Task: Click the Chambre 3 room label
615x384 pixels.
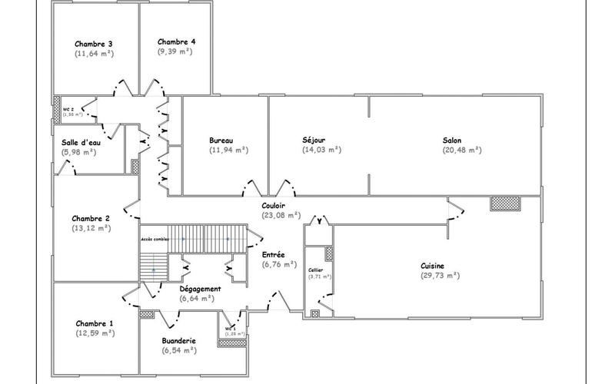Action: point(94,44)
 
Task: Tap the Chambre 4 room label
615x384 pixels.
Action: point(176,41)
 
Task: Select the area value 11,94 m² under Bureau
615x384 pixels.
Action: point(228,151)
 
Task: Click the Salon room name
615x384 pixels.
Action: point(452,141)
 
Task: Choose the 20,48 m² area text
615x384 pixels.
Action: point(461,151)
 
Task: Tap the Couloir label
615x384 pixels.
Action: point(274,205)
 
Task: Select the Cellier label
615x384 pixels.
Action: point(315,270)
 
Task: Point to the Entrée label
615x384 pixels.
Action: point(274,254)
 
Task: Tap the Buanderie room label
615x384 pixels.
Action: point(179,340)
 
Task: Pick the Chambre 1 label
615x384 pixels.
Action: point(95,323)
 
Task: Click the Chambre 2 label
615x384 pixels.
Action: point(91,218)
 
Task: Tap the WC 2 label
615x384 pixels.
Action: point(68,110)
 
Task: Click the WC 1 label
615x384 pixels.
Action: point(230,329)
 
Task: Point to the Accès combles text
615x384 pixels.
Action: point(154,240)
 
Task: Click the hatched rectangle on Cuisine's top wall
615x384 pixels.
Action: point(506,203)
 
